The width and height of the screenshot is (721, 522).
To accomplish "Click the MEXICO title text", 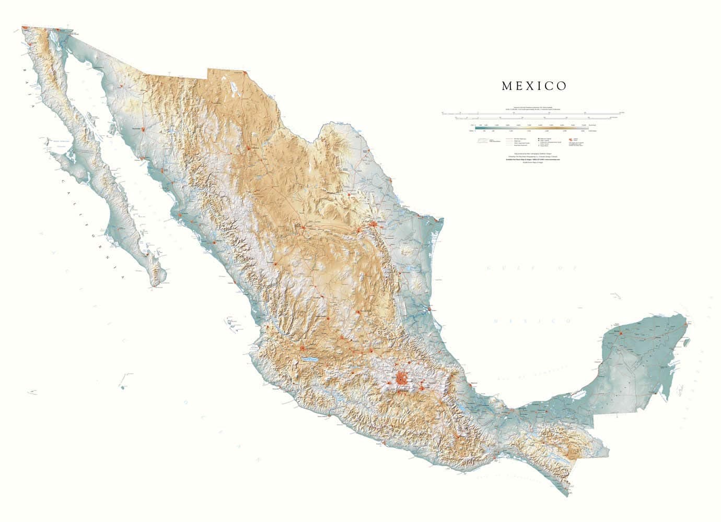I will pyautogui.click(x=534, y=86).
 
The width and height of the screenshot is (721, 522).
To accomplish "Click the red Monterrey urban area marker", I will pyautogui.click(x=375, y=224).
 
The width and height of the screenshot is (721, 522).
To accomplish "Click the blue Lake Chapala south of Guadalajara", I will pyautogui.click(x=309, y=359).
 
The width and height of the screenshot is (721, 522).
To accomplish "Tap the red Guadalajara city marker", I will pyautogui.click(x=303, y=348).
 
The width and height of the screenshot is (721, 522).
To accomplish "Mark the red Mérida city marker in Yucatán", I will pyautogui.click(x=621, y=332).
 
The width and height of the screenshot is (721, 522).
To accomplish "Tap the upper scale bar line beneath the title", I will pyautogui.click(x=533, y=112).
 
